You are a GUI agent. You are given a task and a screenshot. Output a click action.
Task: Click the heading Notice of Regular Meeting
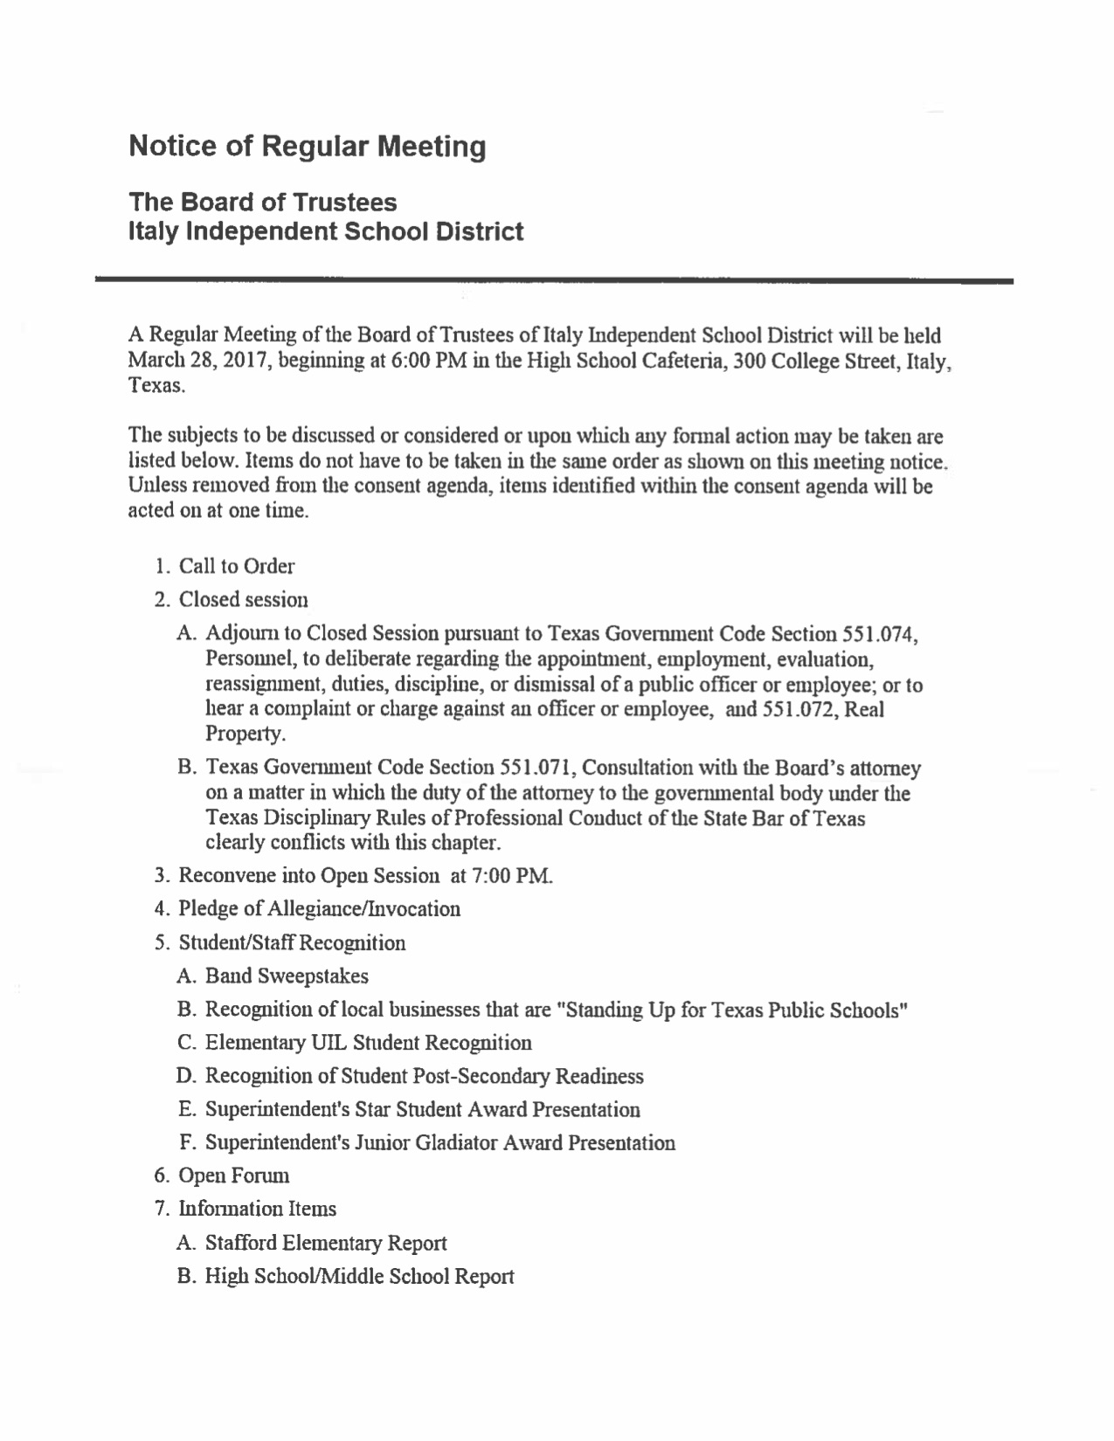coord(307,146)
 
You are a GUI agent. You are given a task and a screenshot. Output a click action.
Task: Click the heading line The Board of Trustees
coord(262,203)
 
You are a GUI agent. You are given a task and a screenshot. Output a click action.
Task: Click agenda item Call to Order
coord(236,566)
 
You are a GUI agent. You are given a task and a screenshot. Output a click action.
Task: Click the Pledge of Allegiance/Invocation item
coord(319,909)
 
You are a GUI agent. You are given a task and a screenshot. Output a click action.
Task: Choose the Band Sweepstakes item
coord(286,976)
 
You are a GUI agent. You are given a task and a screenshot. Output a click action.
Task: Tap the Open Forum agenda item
coord(233,1176)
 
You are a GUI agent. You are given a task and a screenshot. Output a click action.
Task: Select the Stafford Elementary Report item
coord(325,1243)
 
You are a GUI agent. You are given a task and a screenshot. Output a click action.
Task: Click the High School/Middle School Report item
coord(358,1276)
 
